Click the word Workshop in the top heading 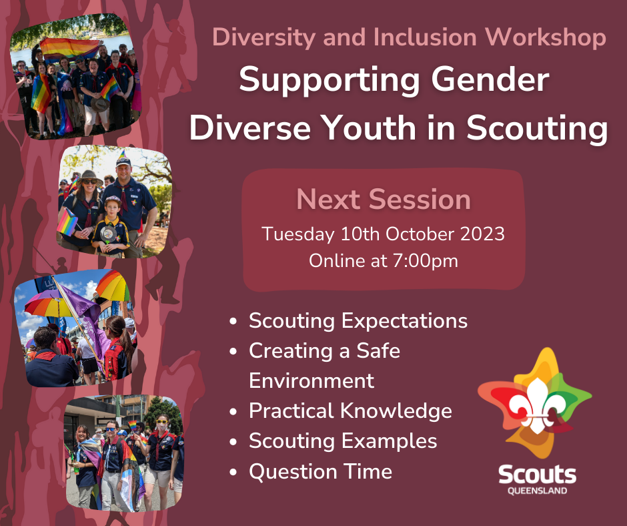pyautogui.click(x=546, y=37)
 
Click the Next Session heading pyautogui.click(x=384, y=199)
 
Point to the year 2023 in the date pyautogui.click(x=482, y=234)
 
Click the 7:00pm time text pyautogui.click(x=425, y=261)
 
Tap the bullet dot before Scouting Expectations pyautogui.click(x=233, y=321)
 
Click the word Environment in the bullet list pyautogui.click(x=311, y=380)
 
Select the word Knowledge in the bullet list pyautogui.click(x=396, y=411)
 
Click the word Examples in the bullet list pyautogui.click(x=389, y=441)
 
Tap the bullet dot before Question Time pyautogui.click(x=233, y=472)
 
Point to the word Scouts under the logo pyautogui.click(x=537, y=475)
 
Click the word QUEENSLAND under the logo pyautogui.click(x=537, y=491)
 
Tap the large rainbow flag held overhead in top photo pyautogui.click(x=69, y=49)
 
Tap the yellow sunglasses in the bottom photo pyautogui.click(x=162, y=422)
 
